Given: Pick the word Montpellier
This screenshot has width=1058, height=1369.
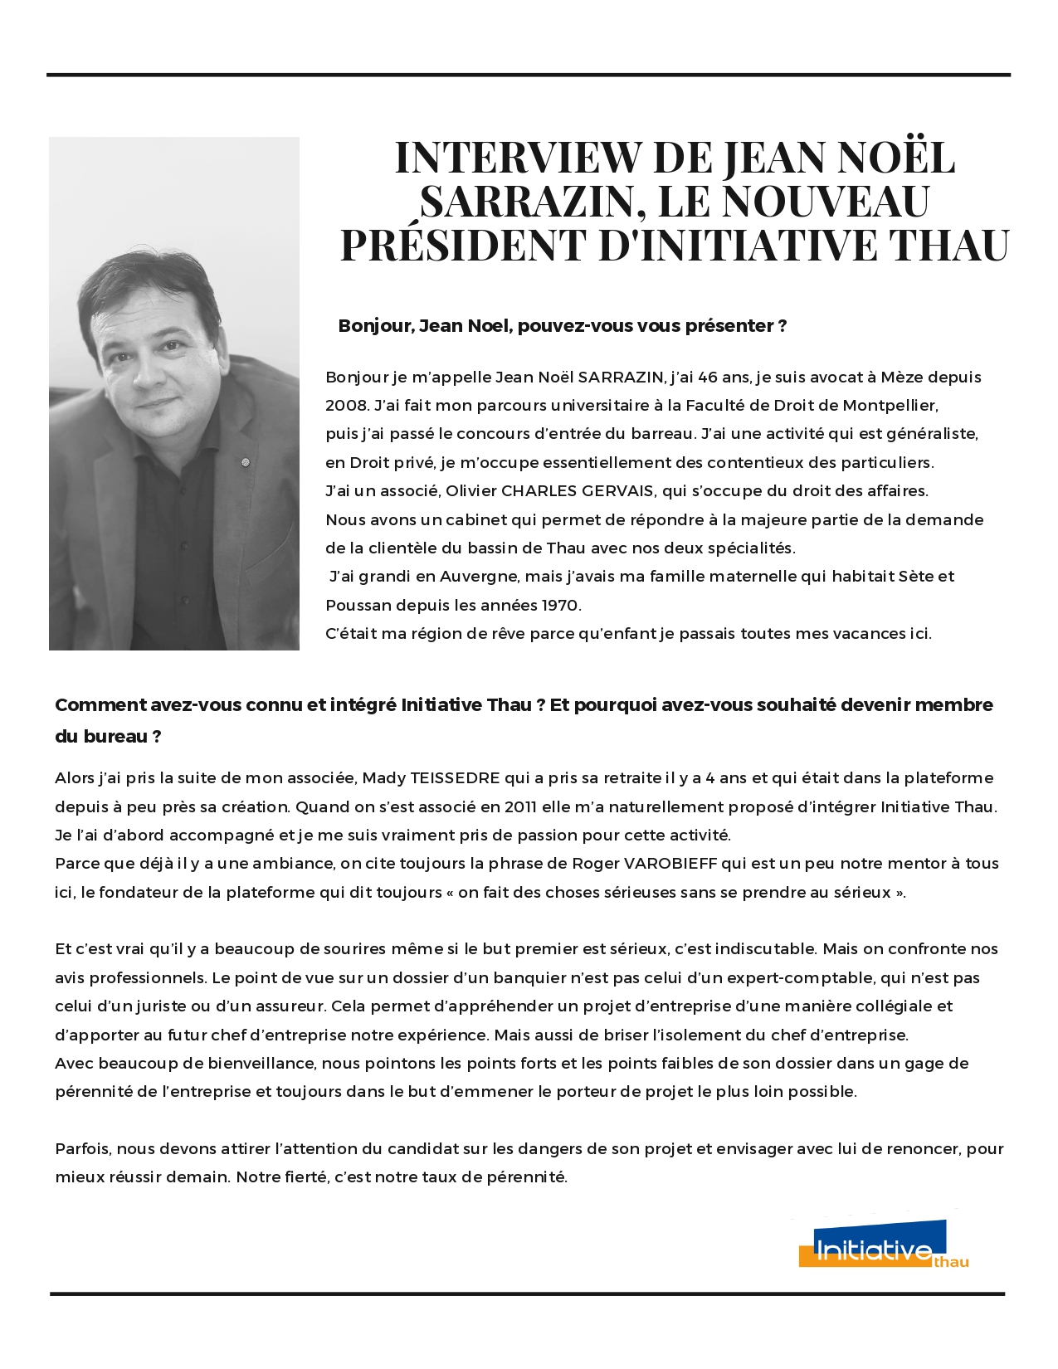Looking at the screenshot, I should pos(890,406).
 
